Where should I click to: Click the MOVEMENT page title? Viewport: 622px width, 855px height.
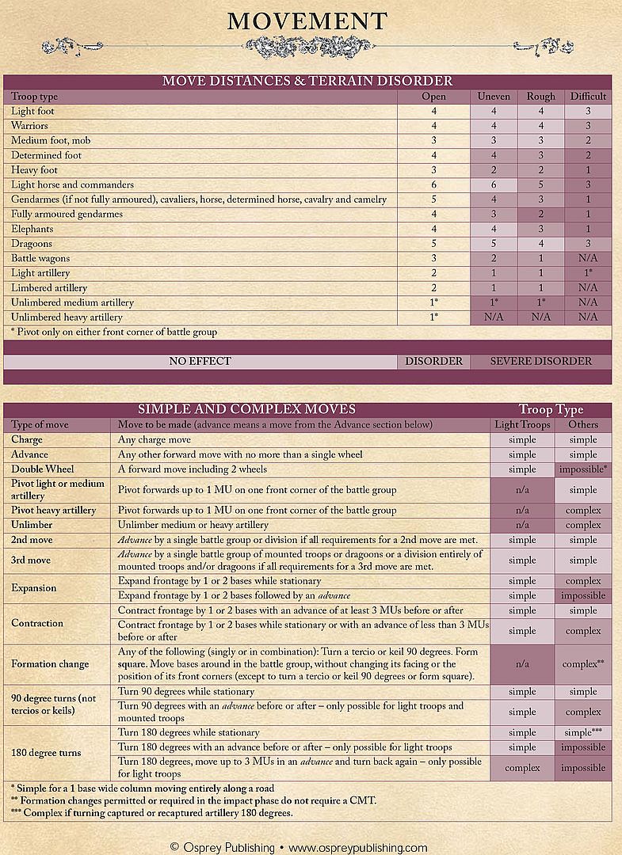(307, 21)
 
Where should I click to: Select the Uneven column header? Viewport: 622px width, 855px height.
(494, 97)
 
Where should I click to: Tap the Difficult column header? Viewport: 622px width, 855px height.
(588, 97)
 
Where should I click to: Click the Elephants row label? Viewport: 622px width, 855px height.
(33, 229)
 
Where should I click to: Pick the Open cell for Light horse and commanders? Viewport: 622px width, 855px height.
(433, 184)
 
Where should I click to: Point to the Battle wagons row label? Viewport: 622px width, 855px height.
(40, 258)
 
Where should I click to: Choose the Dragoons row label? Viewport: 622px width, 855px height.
(32, 244)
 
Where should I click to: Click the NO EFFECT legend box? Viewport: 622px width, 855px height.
(200, 361)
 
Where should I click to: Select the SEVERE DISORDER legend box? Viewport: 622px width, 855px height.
(540, 361)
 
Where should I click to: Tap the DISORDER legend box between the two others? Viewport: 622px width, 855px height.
(433, 361)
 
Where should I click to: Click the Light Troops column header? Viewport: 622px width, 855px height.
(521, 424)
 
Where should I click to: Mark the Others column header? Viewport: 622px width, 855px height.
(583, 424)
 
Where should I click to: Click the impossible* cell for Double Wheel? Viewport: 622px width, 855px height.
(583, 469)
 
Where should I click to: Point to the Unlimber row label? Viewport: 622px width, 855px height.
(32, 525)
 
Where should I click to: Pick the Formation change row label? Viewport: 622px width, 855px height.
(50, 664)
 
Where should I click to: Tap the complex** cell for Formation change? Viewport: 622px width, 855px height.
(583, 664)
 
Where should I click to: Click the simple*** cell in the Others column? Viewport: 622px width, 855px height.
(583, 733)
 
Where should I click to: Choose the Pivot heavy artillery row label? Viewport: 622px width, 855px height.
(54, 511)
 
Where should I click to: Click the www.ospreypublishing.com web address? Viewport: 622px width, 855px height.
(357, 847)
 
